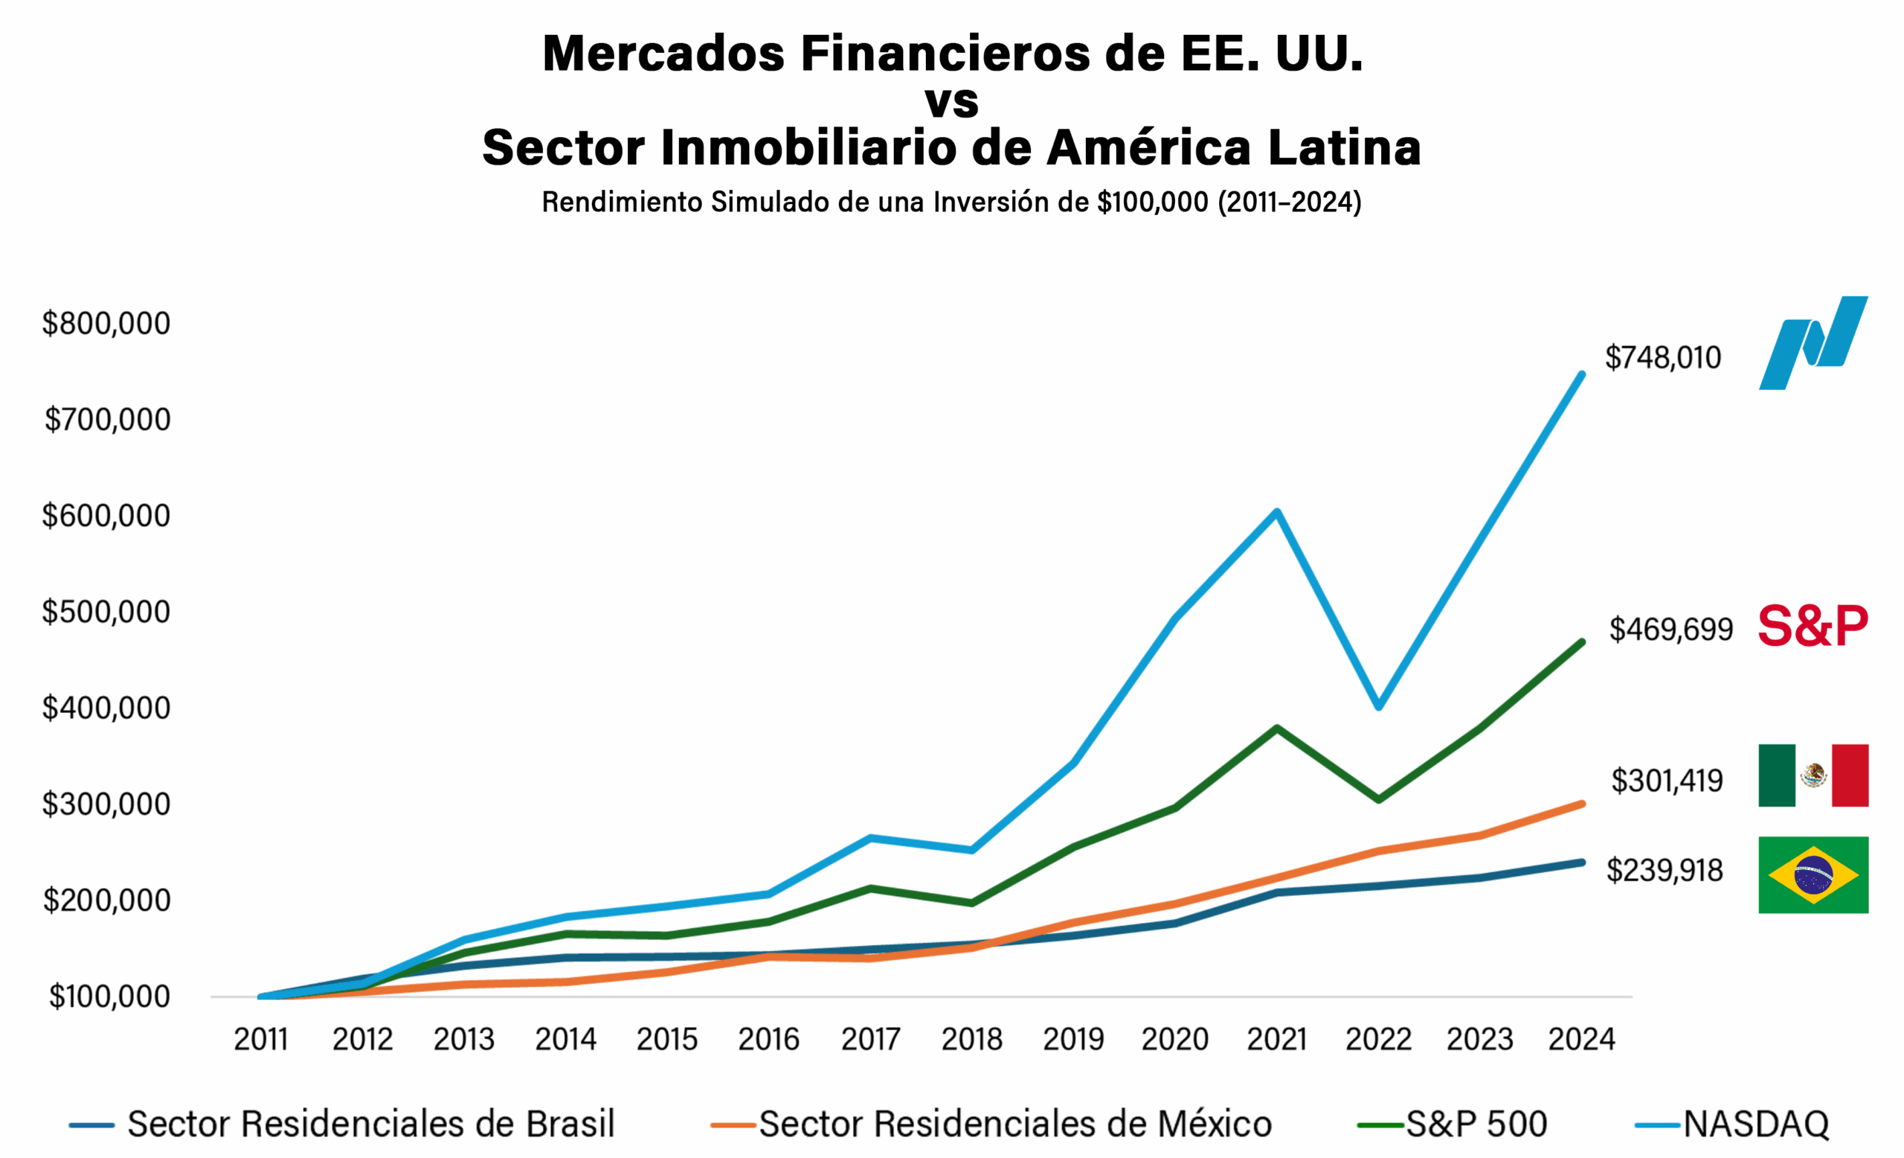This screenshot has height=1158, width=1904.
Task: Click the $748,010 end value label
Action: coord(1662,358)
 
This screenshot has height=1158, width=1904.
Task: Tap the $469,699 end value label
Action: coord(1670,630)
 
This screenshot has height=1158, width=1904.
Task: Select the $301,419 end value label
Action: coord(1667,781)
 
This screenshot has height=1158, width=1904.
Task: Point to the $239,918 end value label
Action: coord(1665,871)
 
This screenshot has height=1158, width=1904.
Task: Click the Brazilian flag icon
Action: coord(1813,875)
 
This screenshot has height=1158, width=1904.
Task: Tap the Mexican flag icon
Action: coord(1813,775)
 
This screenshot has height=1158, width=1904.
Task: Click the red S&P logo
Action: coord(1813,626)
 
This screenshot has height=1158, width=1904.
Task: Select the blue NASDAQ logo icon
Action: coord(1813,342)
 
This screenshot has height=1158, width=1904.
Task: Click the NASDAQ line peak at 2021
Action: coord(1276,512)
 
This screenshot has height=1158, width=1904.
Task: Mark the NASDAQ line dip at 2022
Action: coord(1379,706)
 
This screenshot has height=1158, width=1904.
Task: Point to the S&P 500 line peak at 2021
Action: coord(1276,727)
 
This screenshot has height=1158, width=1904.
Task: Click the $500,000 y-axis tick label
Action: coord(106,612)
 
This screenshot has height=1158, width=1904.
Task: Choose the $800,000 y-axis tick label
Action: coord(106,323)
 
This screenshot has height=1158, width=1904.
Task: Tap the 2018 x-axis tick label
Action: coord(971,1039)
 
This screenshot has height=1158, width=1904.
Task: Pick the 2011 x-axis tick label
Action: coord(260,1039)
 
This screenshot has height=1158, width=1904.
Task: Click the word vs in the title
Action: coord(951,101)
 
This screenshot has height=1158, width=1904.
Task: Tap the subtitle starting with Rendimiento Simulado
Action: coord(951,202)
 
